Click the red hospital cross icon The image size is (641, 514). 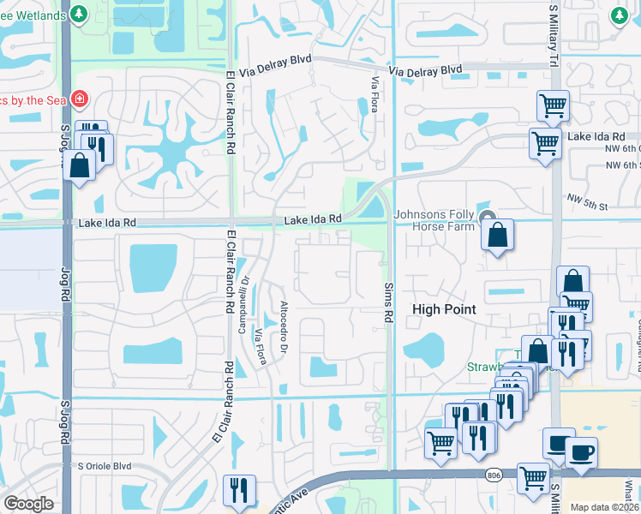coord(80,99)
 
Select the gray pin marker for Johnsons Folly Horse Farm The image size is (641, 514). coord(488,216)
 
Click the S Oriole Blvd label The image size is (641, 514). coord(105,466)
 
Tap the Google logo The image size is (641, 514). coord(28,504)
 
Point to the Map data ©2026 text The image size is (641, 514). coord(603,507)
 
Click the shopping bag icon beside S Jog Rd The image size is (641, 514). coord(80,164)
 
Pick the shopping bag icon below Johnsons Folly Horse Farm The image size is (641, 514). coord(497,233)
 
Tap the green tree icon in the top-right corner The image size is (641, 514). coord(620,15)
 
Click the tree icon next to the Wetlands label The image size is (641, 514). coord(78,15)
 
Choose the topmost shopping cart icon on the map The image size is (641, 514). coord(553,105)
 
